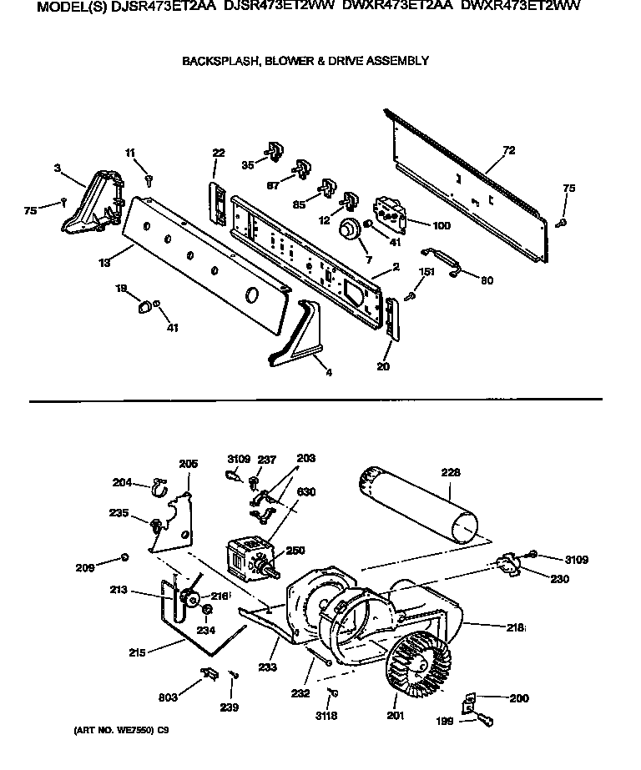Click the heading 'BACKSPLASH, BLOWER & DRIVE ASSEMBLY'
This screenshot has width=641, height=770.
305,61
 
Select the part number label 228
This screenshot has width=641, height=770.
450,473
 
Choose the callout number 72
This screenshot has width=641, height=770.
508,151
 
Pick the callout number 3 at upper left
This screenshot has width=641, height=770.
57,169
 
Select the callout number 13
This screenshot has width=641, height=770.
103,263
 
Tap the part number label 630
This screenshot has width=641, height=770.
306,492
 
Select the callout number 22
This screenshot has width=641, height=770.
218,153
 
